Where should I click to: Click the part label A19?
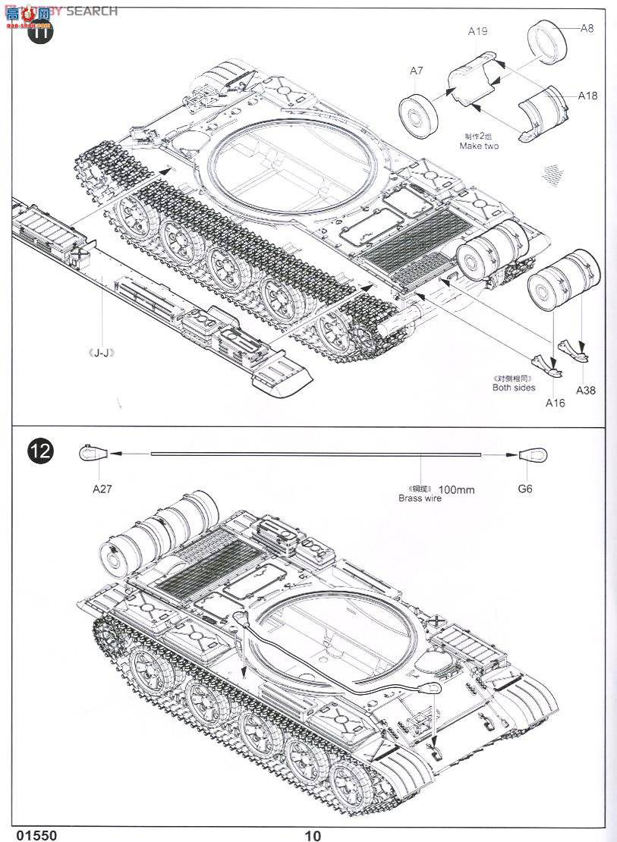[477, 31]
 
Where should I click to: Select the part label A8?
[587, 29]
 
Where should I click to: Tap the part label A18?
[587, 96]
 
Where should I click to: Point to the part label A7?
[416, 71]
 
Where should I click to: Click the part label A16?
[555, 403]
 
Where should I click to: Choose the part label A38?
[585, 391]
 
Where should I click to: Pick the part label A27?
[102, 489]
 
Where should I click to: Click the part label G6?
[525, 489]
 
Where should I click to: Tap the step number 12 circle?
[42, 451]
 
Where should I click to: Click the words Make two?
[479, 146]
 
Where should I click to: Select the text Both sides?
[514, 388]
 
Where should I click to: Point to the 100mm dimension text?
[457, 489]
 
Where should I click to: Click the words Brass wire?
[420, 498]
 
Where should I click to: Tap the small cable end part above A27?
[92, 454]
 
